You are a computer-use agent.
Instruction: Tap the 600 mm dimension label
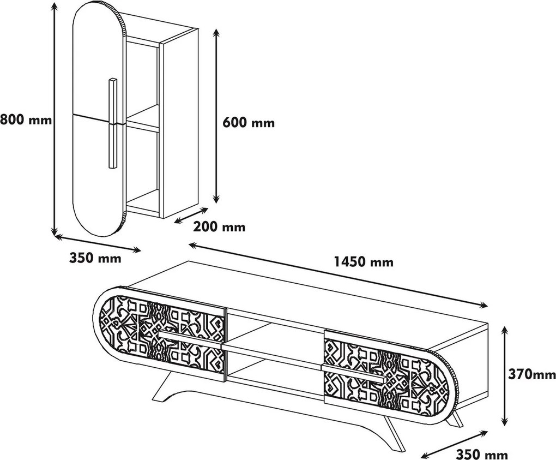pos(249,122)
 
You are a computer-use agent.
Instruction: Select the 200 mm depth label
pos(219,226)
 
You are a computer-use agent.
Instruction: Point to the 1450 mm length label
pos(364,262)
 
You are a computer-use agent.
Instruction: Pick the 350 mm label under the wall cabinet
pos(95,258)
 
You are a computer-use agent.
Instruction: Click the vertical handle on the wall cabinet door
pos(112,123)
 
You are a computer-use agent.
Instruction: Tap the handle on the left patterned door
pos(192,339)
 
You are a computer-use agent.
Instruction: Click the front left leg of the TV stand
pos(167,387)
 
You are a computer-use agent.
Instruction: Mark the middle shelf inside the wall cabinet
pos(142,117)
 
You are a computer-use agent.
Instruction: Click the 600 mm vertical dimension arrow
pos(216,116)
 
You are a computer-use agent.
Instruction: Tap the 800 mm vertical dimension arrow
pos(55,120)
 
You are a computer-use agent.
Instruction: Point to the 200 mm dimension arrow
pos(191,216)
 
